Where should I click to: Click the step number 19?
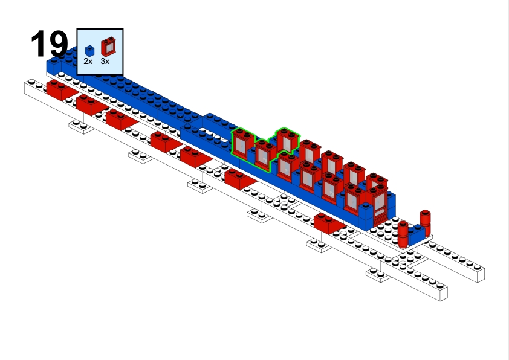point(49,43)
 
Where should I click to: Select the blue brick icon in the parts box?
point(89,51)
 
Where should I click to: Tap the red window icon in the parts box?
point(108,47)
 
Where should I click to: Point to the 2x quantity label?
point(88,61)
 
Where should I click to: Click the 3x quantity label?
point(105,61)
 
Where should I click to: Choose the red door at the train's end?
point(378,204)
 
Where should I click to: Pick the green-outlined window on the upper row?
point(287,140)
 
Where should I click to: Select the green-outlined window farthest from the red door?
point(242,144)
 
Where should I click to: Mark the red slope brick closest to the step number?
point(62,90)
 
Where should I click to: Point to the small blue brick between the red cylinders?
point(417,234)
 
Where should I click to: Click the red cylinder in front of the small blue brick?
point(403,234)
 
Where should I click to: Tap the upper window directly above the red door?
point(377,181)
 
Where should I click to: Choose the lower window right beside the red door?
point(354,199)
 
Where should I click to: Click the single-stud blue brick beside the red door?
point(366,216)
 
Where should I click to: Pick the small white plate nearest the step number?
point(81,126)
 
